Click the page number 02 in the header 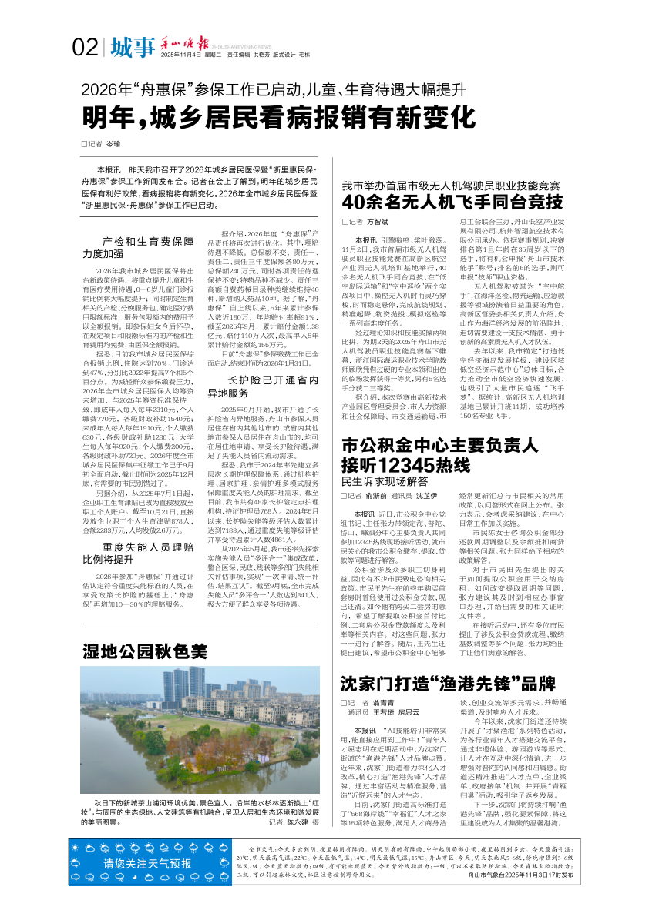click(85, 49)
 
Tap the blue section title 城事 click(132, 48)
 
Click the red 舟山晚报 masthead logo click(183, 42)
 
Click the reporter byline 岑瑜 click(113, 144)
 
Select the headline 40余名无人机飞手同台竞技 click(452, 202)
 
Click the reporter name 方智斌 click(377, 222)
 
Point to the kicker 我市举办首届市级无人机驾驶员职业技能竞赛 click(451, 186)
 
